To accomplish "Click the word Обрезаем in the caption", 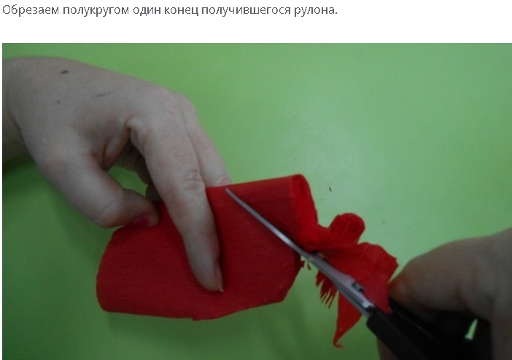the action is point(31,10).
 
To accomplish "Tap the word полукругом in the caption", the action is point(96,11).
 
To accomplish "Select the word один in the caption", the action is point(147,11).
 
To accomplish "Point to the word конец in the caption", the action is point(181,11).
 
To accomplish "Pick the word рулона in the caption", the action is point(315,11).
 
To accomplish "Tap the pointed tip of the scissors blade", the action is point(227,190).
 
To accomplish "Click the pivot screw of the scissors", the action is point(359,288).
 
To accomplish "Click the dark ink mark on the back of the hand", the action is point(64,72).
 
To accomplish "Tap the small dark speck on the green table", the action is point(330,189).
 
